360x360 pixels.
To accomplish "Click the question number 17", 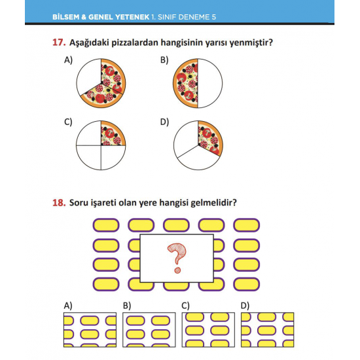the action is (x=59, y=43).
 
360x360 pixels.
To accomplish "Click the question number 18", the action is (x=59, y=202).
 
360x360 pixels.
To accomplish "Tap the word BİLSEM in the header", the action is (x=66, y=17).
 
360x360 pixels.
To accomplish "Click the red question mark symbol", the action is (x=177, y=258).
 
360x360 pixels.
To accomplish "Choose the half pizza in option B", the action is (x=185, y=83).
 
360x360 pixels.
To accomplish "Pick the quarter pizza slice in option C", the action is (x=112, y=134).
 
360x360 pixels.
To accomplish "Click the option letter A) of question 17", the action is (x=68, y=60).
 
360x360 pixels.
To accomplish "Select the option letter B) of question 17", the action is (x=164, y=60).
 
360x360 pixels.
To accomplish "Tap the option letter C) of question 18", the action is (x=185, y=306).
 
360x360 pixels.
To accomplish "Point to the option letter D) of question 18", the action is (x=245, y=306).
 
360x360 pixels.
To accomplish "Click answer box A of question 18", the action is (x=90, y=330).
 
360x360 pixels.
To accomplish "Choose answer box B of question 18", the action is (x=149, y=330).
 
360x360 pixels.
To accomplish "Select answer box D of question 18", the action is (x=268, y=330).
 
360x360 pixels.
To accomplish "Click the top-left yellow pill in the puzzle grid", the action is (x=106, y=225).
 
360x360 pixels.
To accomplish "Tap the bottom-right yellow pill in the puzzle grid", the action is (x=247, y=284).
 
